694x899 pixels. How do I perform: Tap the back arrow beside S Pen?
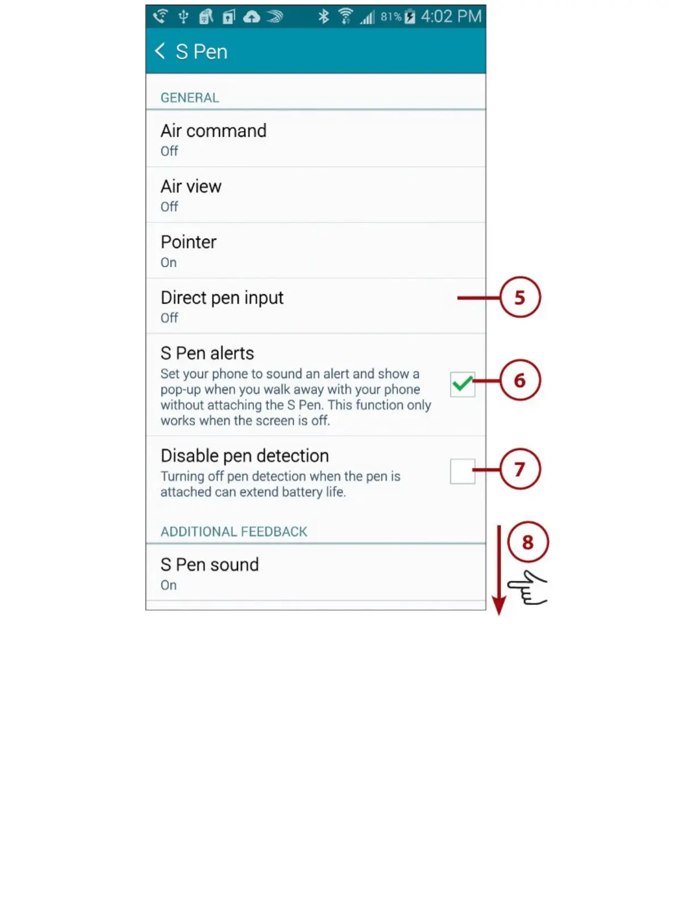pyautogui.click(x=160, y=51)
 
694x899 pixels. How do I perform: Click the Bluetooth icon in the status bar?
pyautogui.click(x=323, y=16)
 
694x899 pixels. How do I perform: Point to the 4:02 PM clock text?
pyautogui.click(x=451, y=16)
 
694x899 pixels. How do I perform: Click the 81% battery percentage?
pyautogui.click(x=391, y=16)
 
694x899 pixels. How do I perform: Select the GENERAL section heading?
pyautogui.click(x=189, y=98)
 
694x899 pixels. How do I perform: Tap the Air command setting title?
pyautogui.click(x=213, y=131)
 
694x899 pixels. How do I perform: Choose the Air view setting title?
pyautogui.click(x=191, y=187)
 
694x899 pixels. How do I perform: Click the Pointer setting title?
pyautogui.click(x=188, y=242)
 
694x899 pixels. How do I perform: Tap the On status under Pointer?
pyautogui.click(x=168, y=263)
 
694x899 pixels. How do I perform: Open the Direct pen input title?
pyautogui.click(x=222, y=298)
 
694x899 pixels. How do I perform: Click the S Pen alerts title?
pyautogui.click(x=207, y=354)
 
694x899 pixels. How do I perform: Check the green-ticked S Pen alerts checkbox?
pyautogui.click(x=462, y=384)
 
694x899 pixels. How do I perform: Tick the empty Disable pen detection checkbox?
pyautogui.click(x=462, y=471)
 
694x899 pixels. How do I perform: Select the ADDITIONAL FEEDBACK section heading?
pyautogui.click(x=234, y=532)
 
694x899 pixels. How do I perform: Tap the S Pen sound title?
pyautogui.click(x=209, y=565)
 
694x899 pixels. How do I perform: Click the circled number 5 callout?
pyautogui.click(x=520, y=297)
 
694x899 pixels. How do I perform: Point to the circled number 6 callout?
pyautogui.click(x=520, y=380)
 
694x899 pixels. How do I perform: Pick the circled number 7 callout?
pyautogui.click(x=520, y=469)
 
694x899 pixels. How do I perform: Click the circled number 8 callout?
pyautogui.click(x=528, y=542)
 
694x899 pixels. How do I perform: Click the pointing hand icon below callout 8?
pyautogui.click(x=527, y=588)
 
